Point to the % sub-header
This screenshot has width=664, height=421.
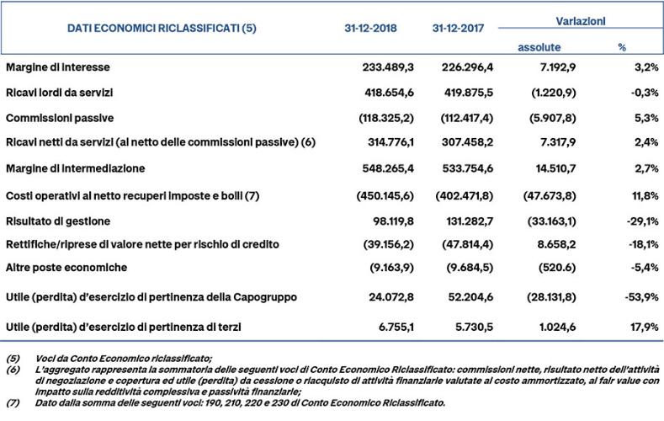[622, 46]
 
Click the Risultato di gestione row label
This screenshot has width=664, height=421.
[57, 221]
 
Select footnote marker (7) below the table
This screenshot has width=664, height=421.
[12, 402]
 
